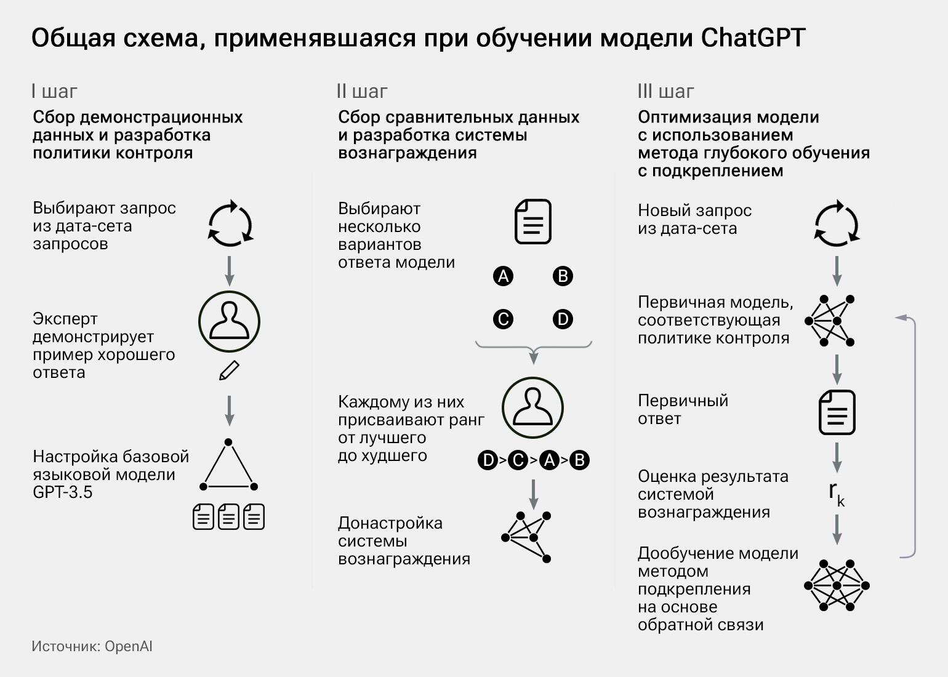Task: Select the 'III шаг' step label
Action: (x=665, y=92)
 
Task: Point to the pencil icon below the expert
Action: (x=229, y=371)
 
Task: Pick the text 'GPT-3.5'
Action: (x=62, y=492)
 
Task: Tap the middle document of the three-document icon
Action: (x=228, y=516)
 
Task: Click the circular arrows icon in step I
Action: (x=230, y=223)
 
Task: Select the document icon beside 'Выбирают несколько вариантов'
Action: (x=532, y=222)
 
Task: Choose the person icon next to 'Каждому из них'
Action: (x=532, y=408)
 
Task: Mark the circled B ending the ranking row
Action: (x=579, y=460)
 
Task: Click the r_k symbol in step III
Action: (x=836, y=493)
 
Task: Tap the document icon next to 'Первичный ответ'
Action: (x=837, y=412)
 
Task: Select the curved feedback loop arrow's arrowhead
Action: (x=901, y=318)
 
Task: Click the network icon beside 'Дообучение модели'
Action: (x=837, y=585)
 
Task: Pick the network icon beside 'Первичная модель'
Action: (x=830, y=321)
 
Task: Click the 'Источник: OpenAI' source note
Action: (x=92, y=646)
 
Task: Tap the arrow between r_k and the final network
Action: (x=837, y=529)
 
